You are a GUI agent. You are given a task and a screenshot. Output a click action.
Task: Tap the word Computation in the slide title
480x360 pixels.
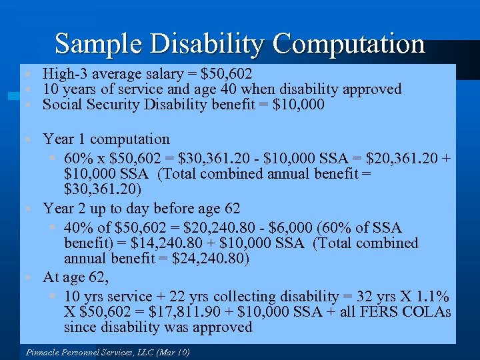[348, 44]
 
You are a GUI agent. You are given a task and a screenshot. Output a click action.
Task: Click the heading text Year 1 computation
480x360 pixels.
[106, 139]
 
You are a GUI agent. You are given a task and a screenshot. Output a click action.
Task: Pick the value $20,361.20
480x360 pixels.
[394, 159]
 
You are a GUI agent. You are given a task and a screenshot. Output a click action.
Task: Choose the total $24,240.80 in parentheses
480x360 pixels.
[209, 259]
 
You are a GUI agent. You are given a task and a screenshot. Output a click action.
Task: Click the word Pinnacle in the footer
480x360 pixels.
[42, 352]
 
